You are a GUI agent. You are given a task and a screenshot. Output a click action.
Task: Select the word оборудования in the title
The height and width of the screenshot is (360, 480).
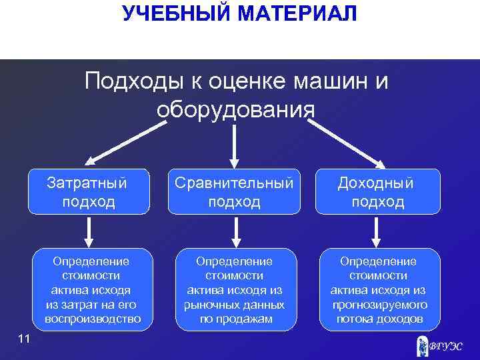235,109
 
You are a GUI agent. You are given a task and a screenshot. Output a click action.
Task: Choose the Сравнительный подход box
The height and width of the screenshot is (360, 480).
234,192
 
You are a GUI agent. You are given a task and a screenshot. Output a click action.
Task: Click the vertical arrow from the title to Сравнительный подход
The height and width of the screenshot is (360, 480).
234,144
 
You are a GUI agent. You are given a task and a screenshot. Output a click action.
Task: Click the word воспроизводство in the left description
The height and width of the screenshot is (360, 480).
93,319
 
